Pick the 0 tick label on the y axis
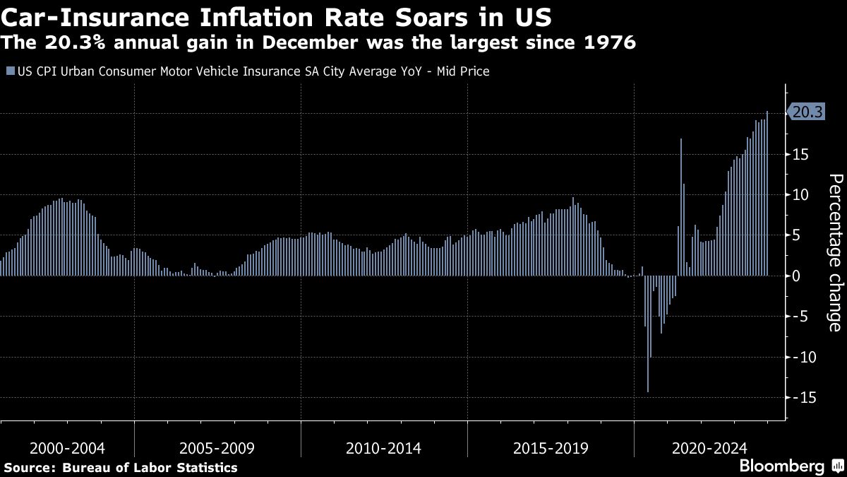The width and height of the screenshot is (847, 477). tap(798, 276)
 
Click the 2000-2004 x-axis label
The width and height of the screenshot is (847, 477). tap(67, 448)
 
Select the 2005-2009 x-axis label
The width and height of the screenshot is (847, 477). tap(217, 448)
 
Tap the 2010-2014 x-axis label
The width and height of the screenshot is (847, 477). tap(384, 448)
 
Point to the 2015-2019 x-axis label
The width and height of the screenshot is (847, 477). tap(551, 448)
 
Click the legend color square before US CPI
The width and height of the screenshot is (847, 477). tap(9, 71)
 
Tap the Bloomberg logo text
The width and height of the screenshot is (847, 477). tap(781, 466)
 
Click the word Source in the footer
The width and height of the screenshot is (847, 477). tap(29, 467)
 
